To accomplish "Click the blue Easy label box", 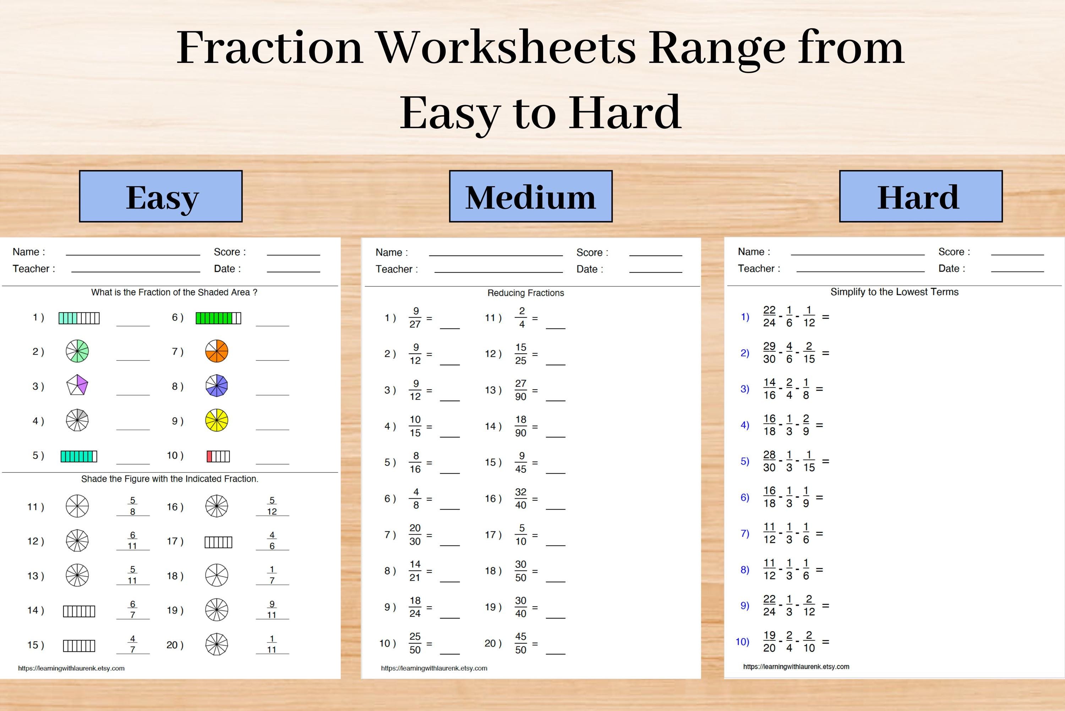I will point(161,196).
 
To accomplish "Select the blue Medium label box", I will point(531,196).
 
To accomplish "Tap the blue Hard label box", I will point(921,196).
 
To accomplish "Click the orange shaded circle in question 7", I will point(217,352).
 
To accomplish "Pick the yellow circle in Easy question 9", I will point(217,420).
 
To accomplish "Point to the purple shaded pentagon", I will point(77,385).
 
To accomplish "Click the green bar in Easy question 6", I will point(218,318).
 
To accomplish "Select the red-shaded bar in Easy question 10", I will point(218,456).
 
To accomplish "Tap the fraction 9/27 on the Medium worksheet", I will point(415,317).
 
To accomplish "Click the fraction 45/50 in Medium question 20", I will point(521,643).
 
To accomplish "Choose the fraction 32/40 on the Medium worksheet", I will point(521,498).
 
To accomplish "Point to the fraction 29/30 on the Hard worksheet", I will point(769,353).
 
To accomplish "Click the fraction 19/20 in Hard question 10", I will point(769,642).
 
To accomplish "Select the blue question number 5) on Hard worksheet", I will point(744,461).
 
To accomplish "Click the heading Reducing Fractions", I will point(526,293).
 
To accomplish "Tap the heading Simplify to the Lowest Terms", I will point(894,292).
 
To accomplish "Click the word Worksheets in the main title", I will point(506,48).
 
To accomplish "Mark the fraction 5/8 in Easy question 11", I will point(132,506).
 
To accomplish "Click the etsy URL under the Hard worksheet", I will point(796,667).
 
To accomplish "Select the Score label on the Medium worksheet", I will point(592,253).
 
